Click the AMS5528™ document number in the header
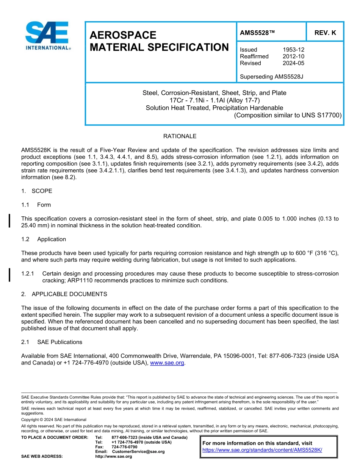(x=257, y=33)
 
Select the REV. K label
(x=325, y=33)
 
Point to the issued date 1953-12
(x=293, y=50)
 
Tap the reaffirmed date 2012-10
(x=293, y=56)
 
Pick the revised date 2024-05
(x=293, y=63)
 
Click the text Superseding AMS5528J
(x=271, y=77)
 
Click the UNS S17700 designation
(x=322, y=115)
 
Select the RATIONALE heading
(x=180, y=136)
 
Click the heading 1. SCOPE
(x=37, y=191)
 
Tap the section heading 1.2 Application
(x=44, y=239)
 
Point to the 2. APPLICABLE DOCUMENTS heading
(x=64, y=294)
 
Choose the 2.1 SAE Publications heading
(x=52, y=342)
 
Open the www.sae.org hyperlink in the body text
(x=167, y=363)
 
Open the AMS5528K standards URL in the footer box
(x=262, y=450)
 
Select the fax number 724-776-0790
(x=124, y=447)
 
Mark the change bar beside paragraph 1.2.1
(x=9, y=275)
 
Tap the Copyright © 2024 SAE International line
(x=54, y=420)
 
